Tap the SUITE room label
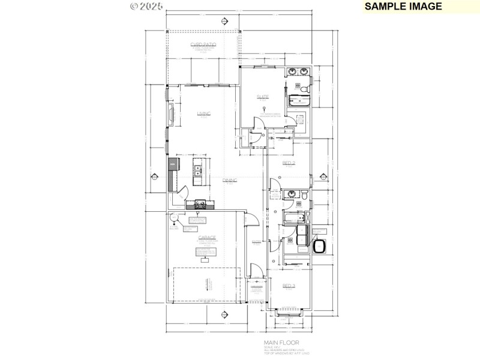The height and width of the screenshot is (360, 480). (x=263, y=97)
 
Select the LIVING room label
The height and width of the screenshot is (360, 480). (x=203, y=113)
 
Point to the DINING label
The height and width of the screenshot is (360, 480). (x=230, y=180)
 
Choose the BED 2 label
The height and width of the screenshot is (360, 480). (x=289, y=163)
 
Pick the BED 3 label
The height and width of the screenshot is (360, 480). (x=289, y=286)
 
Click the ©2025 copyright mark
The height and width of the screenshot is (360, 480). (x=146, y=7)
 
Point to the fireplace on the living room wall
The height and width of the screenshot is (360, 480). (x=171, y=115)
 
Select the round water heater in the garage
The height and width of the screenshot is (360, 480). (x=172, y=218)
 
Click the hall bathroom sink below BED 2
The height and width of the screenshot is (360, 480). (x=291, y=193)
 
